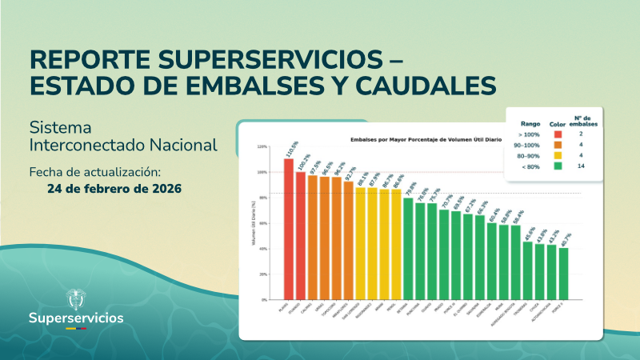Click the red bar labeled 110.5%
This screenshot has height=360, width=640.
288,229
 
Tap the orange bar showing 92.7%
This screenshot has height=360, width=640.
348,240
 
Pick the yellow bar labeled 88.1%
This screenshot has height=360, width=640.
360,243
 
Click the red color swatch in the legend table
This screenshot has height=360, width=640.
558,134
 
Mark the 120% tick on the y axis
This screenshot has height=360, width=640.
262,147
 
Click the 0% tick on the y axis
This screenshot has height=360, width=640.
263,300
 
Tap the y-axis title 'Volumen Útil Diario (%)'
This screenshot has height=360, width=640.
254,224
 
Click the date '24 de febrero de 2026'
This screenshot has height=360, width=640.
114,189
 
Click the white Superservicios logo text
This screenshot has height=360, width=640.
76,318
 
